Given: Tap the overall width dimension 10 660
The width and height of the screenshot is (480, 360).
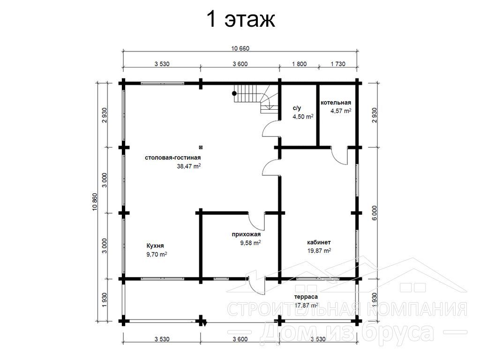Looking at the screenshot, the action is [x=240, y=48].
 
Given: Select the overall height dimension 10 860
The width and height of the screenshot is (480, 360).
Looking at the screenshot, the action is [x=94, y=202].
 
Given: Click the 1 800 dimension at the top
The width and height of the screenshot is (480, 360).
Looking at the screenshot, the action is [x=299, y=64].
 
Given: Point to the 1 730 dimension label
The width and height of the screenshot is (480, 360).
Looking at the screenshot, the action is [x=338, y=64].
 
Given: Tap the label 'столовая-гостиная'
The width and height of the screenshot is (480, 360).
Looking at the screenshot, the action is [x=172, y=157].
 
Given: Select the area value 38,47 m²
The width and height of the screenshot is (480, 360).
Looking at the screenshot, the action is [x=188, y=166].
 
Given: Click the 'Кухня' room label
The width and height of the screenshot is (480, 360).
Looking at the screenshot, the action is [x=155, y=246].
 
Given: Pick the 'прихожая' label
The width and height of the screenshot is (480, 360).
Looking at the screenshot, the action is [x=246, y=234].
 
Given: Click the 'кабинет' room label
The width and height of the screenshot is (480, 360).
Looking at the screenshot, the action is [x=319, y=242].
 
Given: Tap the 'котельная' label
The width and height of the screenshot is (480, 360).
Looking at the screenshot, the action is [x=336, y=103].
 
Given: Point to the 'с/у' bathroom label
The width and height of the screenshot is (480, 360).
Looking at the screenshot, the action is [x=297, y=108].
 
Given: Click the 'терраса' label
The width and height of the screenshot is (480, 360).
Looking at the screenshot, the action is [x=306, y=297].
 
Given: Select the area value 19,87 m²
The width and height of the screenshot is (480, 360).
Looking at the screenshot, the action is [x=319, y=251].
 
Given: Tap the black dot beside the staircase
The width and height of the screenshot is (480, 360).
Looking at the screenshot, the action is [x=234, y=93].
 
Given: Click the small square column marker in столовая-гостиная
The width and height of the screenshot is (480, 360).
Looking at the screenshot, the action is [x=201, y=147].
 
